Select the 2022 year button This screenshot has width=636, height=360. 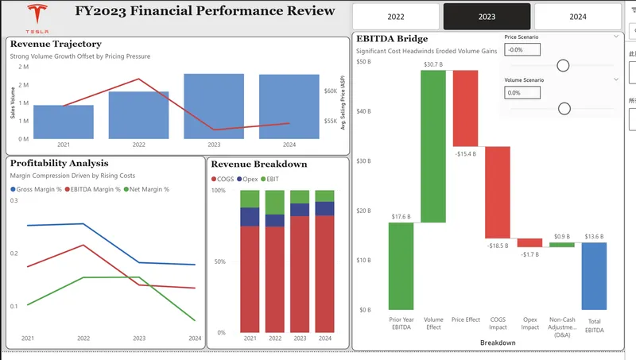pyautogui.click(x=395, y=17)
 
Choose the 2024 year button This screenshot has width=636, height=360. pyautogui.click(x=577, y=17)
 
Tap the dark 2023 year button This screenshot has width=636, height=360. pyautogui.click(x=487, y=17)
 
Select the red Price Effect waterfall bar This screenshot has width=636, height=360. pyautogui.click(x=465, y=108)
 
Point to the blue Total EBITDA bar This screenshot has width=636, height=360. pyautogui.click(x=593, y=276)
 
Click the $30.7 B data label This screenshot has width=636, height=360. pyautogui.click(x=432, y=64)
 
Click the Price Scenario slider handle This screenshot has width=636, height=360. pyautogui.click(x=564, y=65)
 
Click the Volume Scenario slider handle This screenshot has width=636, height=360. pyautogui.click(x=564, y=109)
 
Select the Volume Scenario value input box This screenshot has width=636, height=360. pyautogui.click(x=522, y=93)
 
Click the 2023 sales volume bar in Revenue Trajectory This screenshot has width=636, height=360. pyautogui.click(x=214, y=106)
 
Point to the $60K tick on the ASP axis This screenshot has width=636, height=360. pyautogui.click(x=330, y=91)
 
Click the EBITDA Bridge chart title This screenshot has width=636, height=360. pyautogui.click(x=393, y=38)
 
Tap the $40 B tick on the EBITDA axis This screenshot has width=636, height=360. pyautogui.click(x=364, y=111)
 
